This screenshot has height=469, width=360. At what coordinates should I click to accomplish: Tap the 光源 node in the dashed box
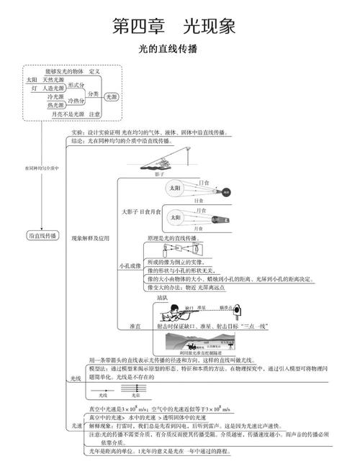coord(112,95)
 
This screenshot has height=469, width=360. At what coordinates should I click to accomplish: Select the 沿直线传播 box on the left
coord(43,235)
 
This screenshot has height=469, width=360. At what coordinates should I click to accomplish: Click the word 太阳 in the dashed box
coord(32,79)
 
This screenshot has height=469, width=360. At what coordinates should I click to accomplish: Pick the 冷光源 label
coord(56,96)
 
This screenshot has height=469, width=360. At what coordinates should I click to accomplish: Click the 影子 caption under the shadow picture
coord(159,173)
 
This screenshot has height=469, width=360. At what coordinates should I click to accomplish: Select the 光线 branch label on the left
coord(76,378)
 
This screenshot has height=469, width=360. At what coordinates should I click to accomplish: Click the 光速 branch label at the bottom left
coord(76,426)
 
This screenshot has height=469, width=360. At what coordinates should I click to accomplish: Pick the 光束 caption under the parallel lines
coord(134,396)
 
